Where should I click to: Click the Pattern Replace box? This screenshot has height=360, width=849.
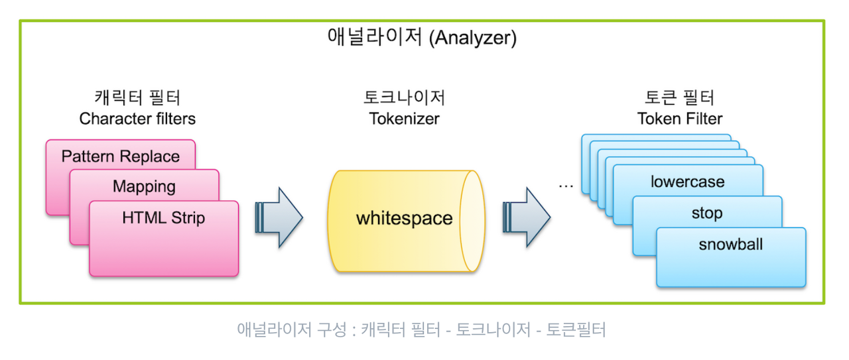(121, 156)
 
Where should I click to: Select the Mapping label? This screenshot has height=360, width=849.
(144, 186)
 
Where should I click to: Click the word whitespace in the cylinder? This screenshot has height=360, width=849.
(404, 218)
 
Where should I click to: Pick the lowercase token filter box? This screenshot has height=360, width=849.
(687, 182)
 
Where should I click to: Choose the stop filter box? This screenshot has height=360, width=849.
(706, 213)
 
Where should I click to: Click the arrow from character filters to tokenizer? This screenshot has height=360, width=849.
(279, 217)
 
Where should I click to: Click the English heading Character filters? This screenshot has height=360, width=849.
(137, 119)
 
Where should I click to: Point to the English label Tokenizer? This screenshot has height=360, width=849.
(404, 119)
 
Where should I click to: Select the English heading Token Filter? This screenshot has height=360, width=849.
(680, 119)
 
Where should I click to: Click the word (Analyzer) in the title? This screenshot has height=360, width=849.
(472, 38)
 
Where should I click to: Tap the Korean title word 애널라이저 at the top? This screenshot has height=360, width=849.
(375, 37)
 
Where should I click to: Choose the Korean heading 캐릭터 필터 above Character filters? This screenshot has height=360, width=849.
(138, 99)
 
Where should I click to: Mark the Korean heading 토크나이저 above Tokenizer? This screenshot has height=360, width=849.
(404, 99)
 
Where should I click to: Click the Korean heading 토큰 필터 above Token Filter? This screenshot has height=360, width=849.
(680, 99)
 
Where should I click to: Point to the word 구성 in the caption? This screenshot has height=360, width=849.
(330, 330)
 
